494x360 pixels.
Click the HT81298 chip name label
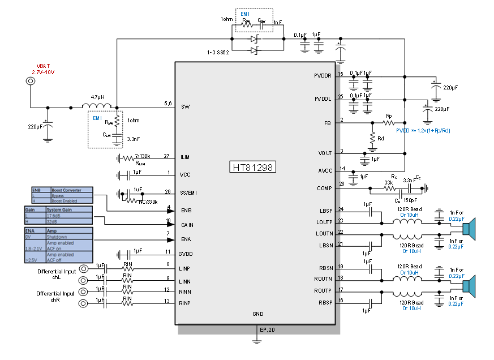point(253,167)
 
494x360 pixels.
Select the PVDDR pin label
point(323,76)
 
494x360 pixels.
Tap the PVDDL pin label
point(323,99)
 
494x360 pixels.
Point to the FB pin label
point(328,123)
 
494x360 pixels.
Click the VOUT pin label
point(325,153)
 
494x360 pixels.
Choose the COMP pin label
point(324,188)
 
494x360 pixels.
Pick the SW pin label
point(186,107)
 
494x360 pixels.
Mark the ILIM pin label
point(185,157)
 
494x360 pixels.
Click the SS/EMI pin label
point(188,193)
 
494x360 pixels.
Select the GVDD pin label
point(186,254)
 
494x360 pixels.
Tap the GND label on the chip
point(258,314)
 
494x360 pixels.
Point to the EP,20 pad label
point(267,329)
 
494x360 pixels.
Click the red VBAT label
point(43,66)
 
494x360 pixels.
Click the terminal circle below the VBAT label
point(31,81)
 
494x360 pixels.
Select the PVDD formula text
point(423,131)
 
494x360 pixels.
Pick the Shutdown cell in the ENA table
point(57,237)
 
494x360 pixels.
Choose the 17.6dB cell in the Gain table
point(54,216)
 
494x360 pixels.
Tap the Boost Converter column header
point(66,190)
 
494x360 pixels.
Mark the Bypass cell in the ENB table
point(58,196)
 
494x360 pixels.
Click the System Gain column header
point(59,210)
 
